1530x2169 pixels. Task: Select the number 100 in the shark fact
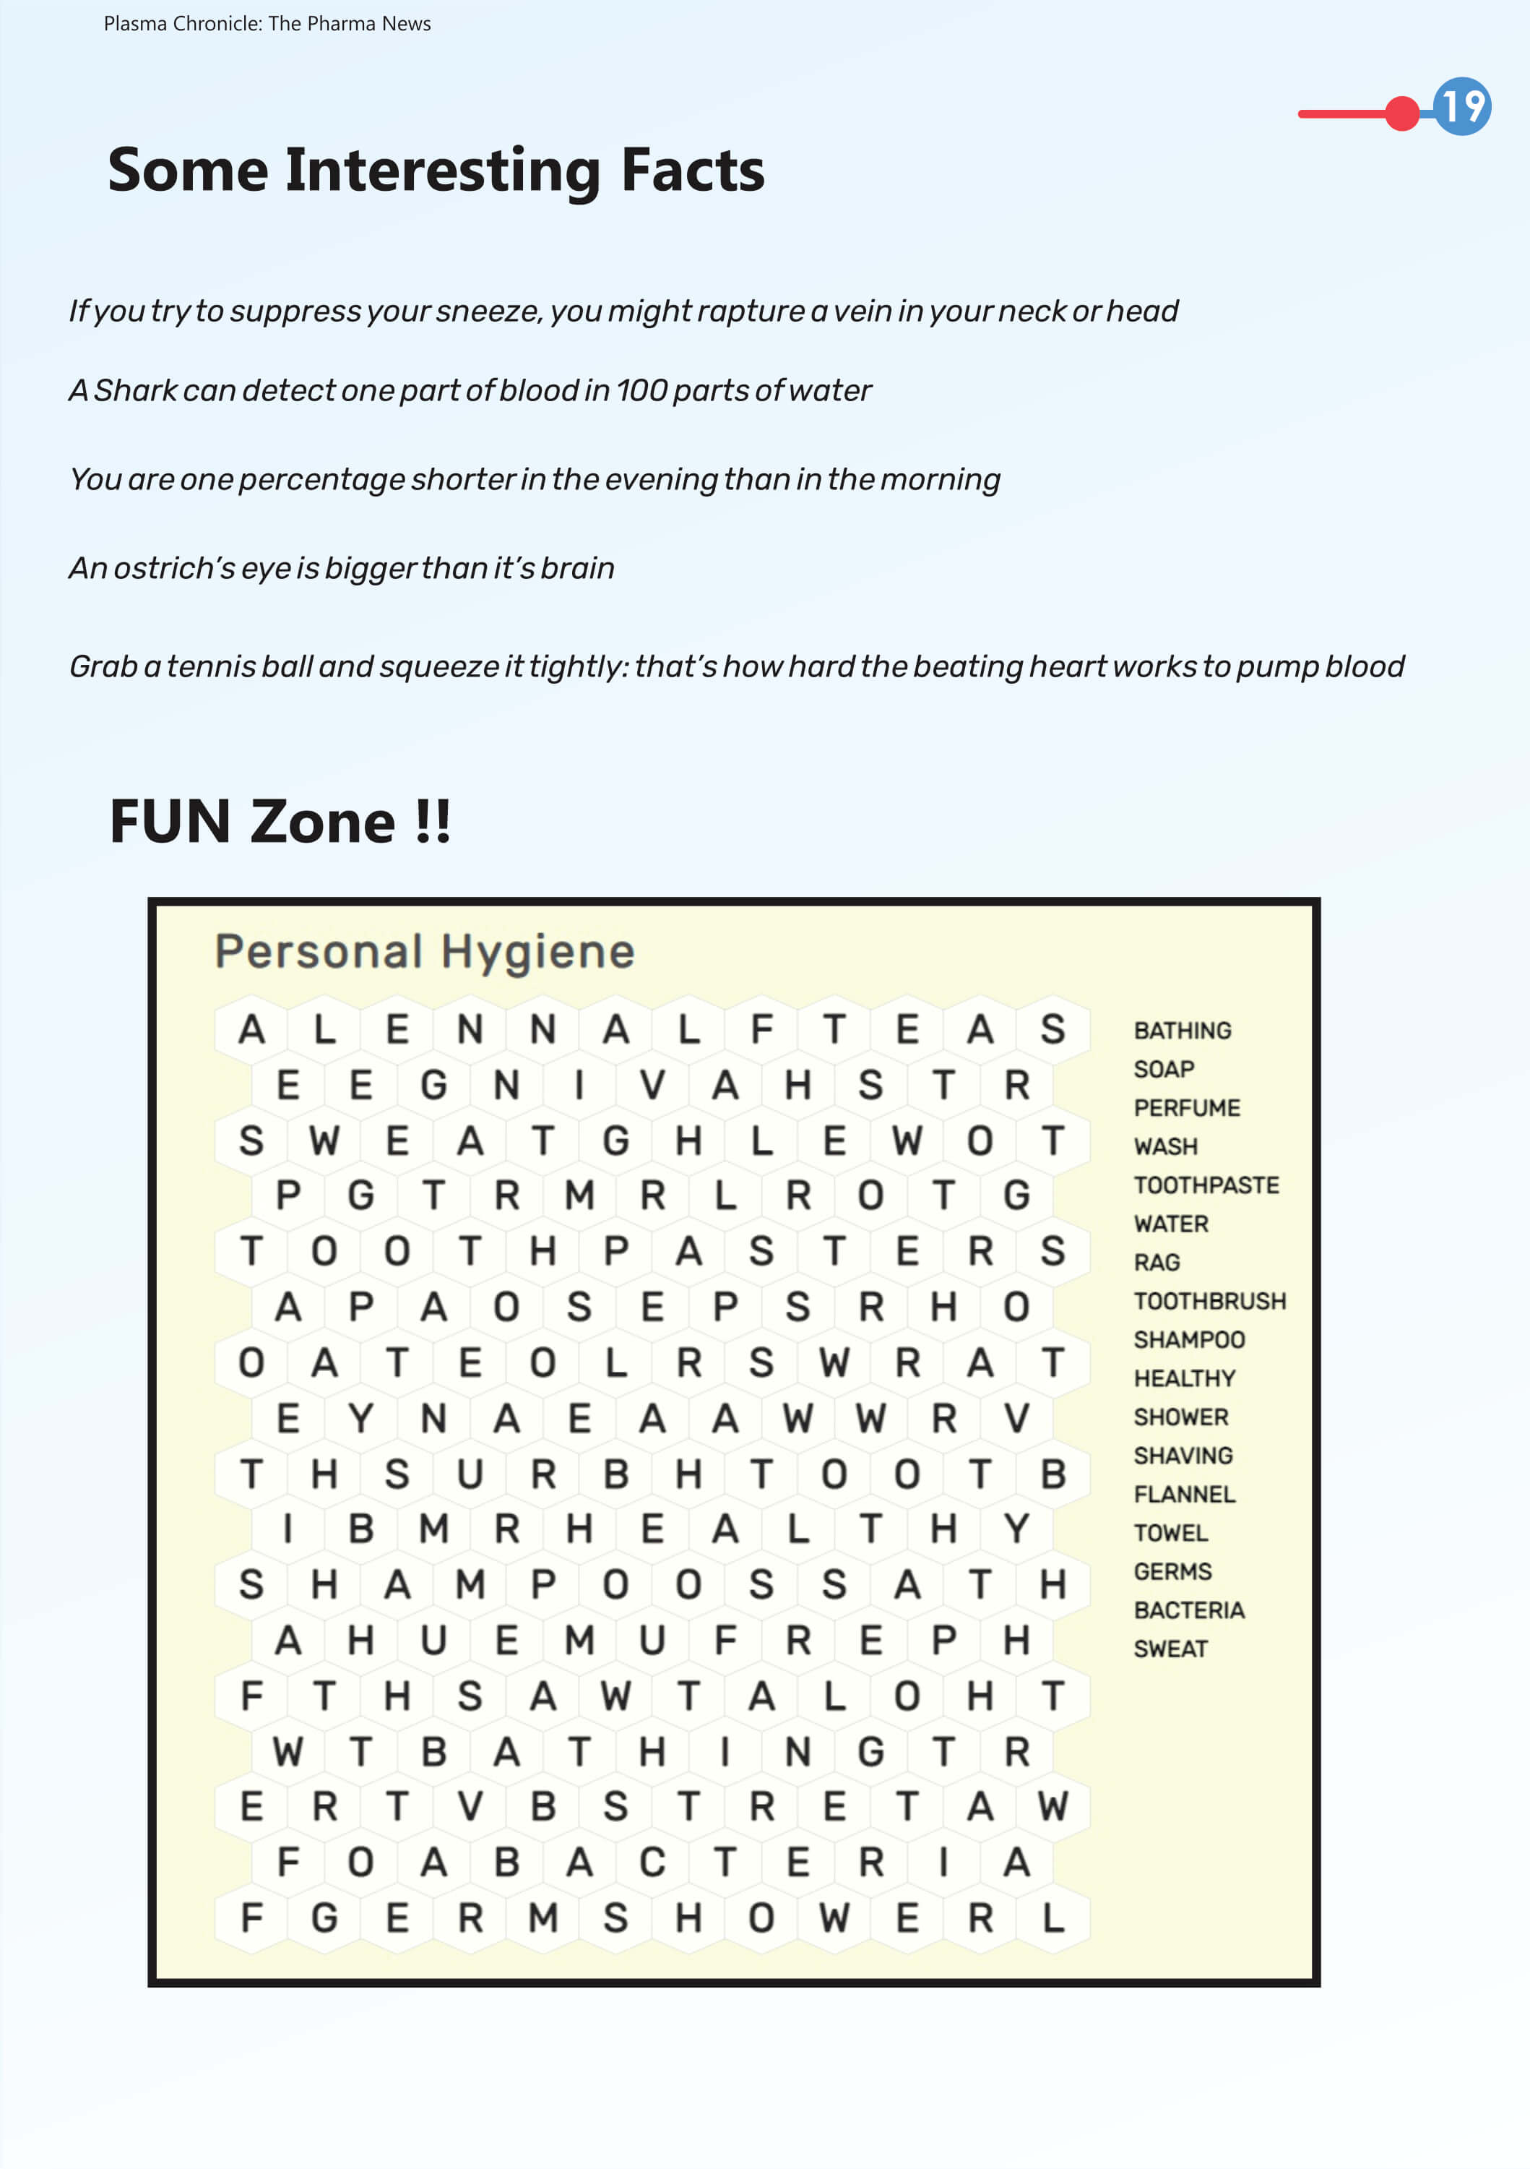click(x=641, y=390)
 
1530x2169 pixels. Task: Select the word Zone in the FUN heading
click(x=323, y=821)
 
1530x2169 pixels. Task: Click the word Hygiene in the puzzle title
click(x=537, y=951)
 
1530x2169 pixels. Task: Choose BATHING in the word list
click(x=1183, y=1031)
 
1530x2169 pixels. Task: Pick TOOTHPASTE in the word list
click(x=1206, y=1185)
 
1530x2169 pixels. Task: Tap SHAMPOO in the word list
click(x=1189, y=1339)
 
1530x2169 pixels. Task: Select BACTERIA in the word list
click(x=1189, y=1610)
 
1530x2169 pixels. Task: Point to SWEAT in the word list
click(x=1170, y=1649)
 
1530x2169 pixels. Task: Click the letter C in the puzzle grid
click(x=652, y=1862)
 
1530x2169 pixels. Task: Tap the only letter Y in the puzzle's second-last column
click(x=1016, y=1529)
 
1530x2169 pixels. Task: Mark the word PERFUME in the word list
click(x=1187, y=1107)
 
